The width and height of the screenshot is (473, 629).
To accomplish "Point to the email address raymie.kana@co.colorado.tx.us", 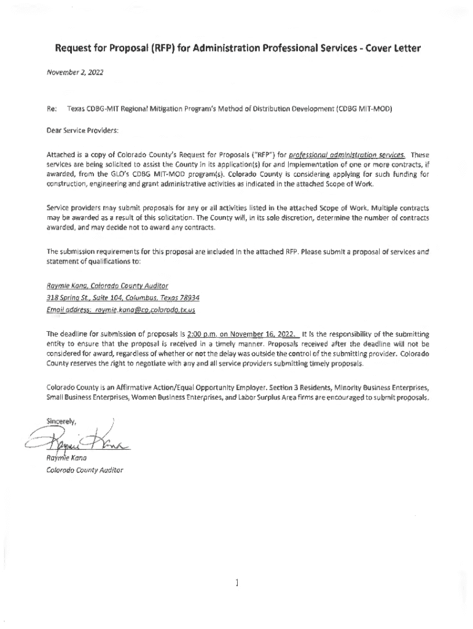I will (x=145, y=310).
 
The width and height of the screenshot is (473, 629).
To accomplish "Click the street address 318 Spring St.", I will (x=65, y=298).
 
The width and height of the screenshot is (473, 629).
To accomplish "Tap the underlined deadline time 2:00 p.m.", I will (x=189, y=334).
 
